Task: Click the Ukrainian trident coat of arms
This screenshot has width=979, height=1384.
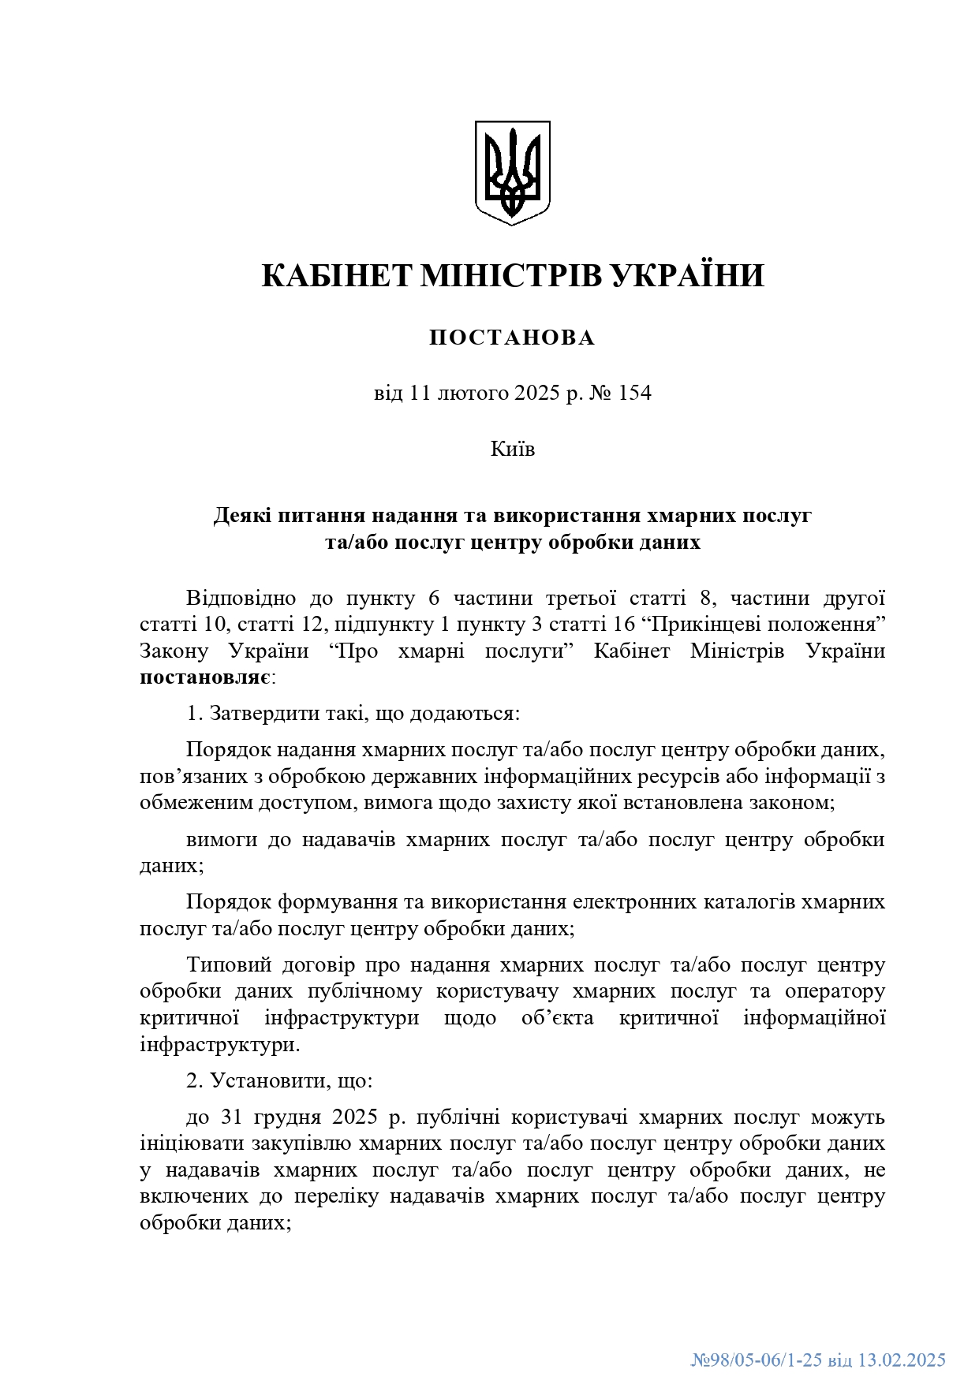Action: [512, 172]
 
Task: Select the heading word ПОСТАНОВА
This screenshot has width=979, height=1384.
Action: [512, 338]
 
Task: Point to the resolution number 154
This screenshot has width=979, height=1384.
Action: [635, 393]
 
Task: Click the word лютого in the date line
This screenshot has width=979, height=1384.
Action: [470, 393]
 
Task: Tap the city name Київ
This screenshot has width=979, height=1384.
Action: [512, 450]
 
